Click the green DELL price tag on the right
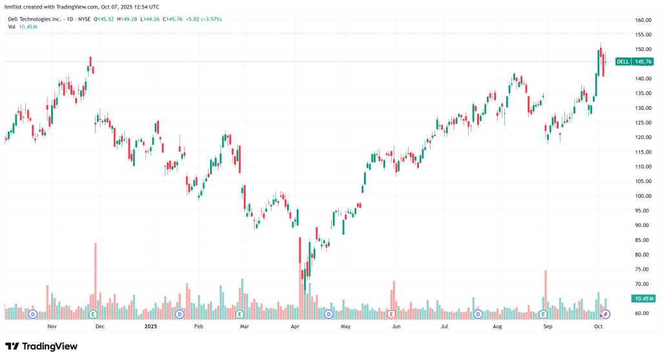[634, 62]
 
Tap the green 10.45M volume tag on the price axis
[643, 299]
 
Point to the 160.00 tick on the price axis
[642, 20]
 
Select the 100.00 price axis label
[642, 196]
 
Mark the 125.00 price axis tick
[642, 123]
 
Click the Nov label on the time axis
[52, 327]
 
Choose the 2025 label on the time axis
[150, 327]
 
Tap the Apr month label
[295, 327]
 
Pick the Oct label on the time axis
[599, 327]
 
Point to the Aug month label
[496, 327]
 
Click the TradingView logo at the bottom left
[41, 346]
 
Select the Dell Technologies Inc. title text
[36, 19]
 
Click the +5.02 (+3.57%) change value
[203, 19]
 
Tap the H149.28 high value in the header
[130, 19]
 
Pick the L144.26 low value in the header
[152, 19]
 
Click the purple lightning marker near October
[606, 314]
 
